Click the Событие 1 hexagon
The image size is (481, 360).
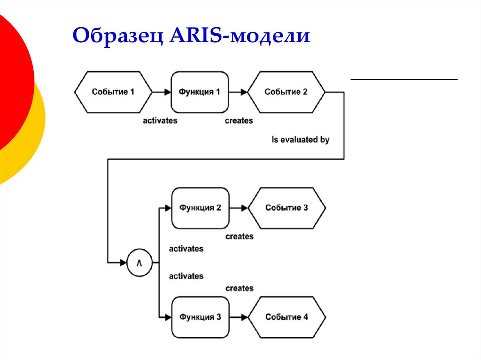tap(113, 92)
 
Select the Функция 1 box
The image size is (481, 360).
tap(200, 92)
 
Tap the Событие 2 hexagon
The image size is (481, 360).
tap(286, 92)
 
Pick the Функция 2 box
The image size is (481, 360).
tap(200, 208)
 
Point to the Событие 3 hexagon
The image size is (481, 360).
tap(287, 208)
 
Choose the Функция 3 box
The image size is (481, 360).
tap(200, 317)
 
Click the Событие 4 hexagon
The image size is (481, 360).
tap(287, 317)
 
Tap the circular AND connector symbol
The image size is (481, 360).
tap(140, 263)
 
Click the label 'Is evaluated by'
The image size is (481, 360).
tap(301, 140)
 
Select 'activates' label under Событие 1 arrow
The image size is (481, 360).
tap(160, 121)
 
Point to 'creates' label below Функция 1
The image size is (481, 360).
tap(239, 121)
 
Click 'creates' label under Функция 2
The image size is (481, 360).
tap(239, 237)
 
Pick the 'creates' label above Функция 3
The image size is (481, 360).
tap(239, 288)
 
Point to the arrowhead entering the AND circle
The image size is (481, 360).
tap(124, 263)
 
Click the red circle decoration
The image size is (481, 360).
tap(12, 80)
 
